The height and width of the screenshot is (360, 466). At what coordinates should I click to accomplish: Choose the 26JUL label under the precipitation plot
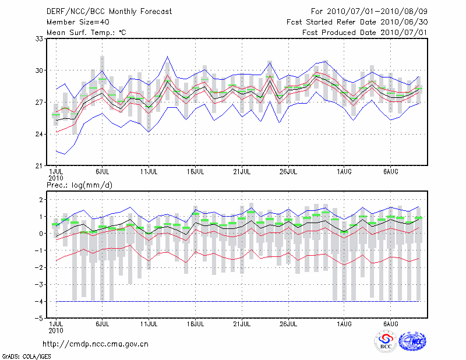(x=288, y=323)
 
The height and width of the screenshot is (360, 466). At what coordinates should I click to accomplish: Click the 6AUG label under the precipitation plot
(x=391, y=323)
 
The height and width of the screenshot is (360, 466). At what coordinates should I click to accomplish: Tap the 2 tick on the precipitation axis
(x=41, y=200)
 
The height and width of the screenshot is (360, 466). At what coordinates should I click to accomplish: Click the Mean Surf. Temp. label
(x=86, y=33)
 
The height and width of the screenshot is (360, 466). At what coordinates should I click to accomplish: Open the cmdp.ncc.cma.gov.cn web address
(x=96, y=344)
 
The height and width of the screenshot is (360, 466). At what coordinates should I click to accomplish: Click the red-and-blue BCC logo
(x=386, y=341)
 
